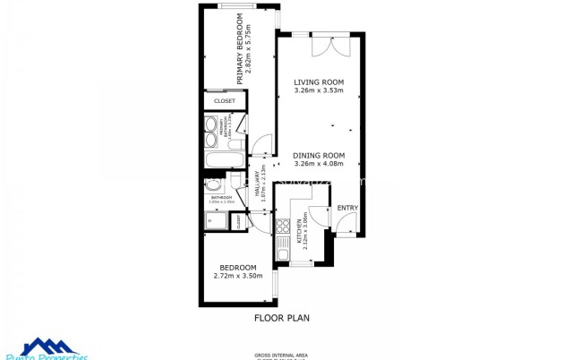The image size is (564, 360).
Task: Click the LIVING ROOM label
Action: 319,82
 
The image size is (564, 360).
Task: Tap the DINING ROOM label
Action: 319,155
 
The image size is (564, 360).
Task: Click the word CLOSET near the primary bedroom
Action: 225,101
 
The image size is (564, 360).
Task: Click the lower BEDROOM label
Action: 238,267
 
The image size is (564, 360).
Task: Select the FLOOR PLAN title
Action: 282,317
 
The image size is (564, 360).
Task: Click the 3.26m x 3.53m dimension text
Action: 319,91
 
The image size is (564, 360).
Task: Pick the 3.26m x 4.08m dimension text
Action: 319,164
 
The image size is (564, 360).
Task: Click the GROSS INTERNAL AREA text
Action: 282,354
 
